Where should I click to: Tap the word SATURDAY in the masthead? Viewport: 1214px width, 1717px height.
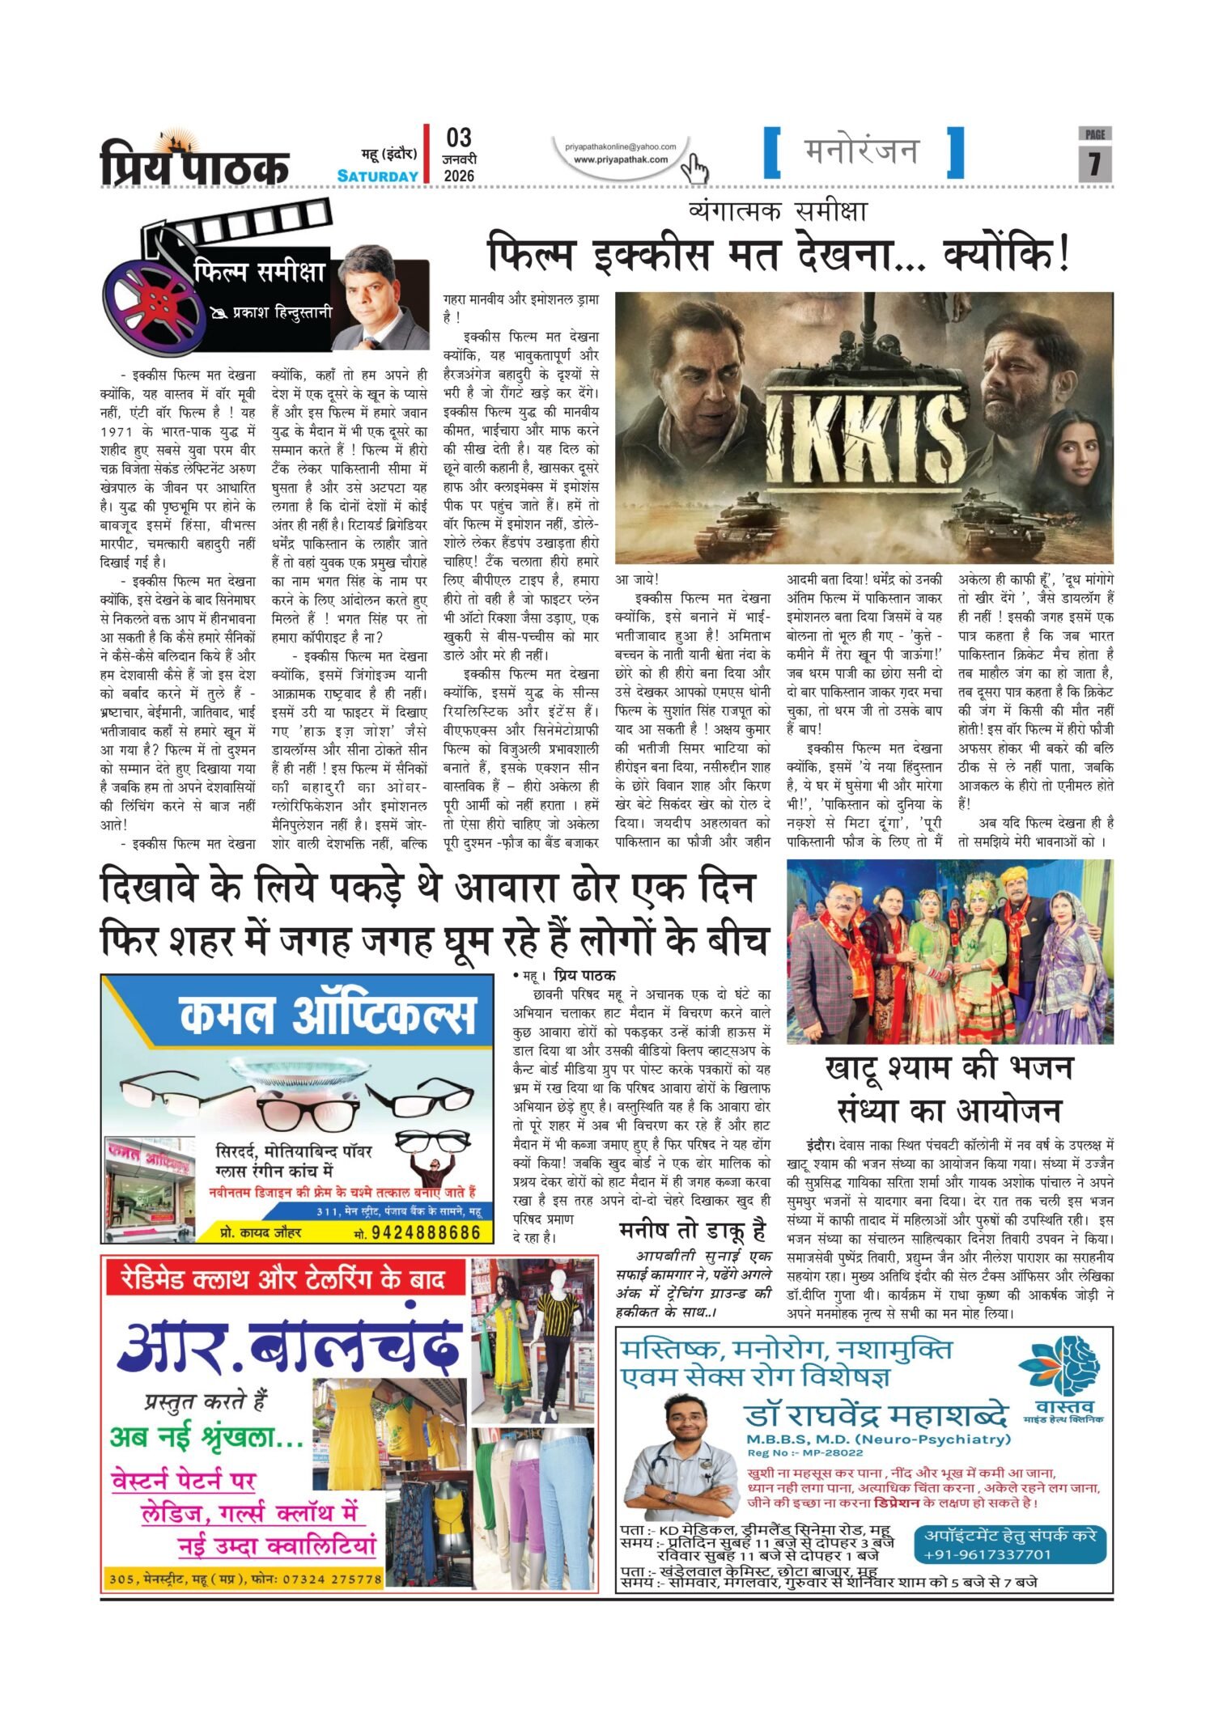(x=378, y=176)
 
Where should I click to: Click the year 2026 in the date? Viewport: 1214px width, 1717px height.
(x=459, y=176)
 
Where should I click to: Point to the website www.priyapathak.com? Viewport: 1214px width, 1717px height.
(x=621, y=159)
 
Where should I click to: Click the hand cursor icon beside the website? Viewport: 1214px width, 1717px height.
(x=694, y=168)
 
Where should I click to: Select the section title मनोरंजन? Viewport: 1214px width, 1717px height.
(x=862, y=151)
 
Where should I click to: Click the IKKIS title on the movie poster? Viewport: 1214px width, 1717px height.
(x=866, y=438)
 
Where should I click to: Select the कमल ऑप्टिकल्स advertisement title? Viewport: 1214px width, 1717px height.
(x=327, y=1016)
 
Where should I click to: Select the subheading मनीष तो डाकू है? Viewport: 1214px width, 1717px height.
(x=692, y=1231)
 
